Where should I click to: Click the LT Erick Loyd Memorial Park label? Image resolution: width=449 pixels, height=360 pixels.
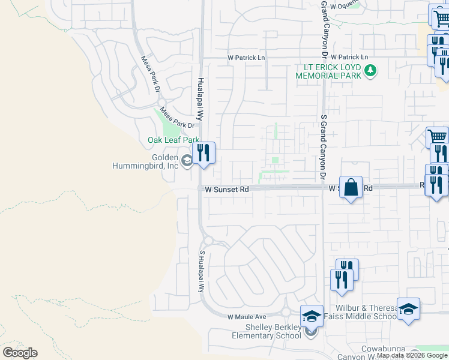[x=328, y=72]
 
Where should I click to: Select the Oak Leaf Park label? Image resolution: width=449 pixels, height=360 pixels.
[x=173, y=140]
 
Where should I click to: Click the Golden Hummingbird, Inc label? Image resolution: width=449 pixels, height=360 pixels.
[x=146, y=161]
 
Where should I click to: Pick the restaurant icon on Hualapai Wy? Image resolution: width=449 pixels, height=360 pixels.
[x=204, y=153]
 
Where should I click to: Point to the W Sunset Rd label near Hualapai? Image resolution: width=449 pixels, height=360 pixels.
[x=227, y=189]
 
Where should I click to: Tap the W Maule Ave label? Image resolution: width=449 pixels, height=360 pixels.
[x=246, y=316]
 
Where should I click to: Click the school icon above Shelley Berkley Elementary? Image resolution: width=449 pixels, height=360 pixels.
[x=312, y=316]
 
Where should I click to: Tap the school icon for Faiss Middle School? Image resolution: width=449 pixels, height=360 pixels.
[x=408, y=308]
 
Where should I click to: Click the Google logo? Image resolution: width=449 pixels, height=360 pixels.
[x=20, y=353]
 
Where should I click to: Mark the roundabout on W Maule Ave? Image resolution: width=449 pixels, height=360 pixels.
[x=286, y=312]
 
